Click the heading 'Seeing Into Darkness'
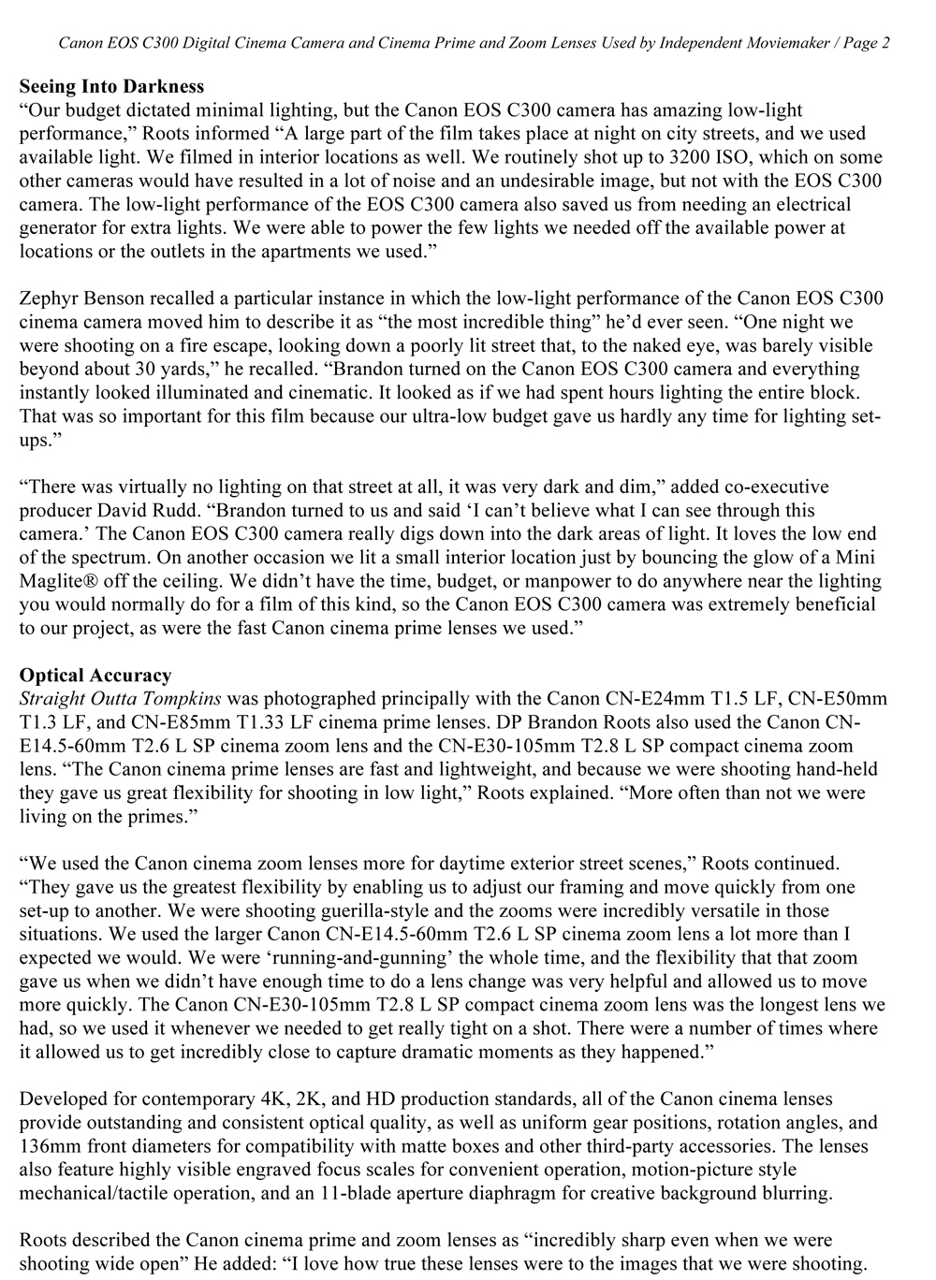(111, 87)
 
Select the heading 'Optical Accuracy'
(95, 675)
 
